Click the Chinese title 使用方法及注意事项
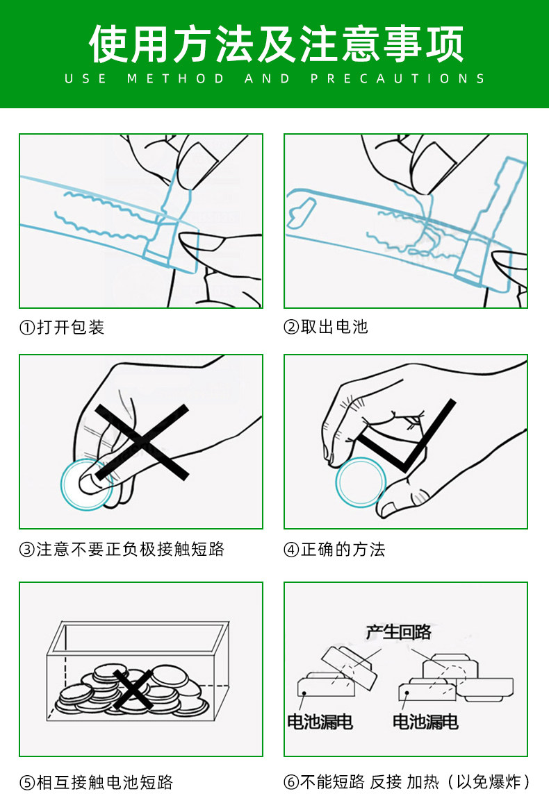(x=276, y=44)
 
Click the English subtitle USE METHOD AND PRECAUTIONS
(x=275, y=78)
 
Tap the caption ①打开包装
(x=62, y=327)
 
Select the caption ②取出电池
(x=326, y=327)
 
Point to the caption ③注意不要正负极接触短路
(x=122, y=550)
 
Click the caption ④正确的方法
(x=334, y=550)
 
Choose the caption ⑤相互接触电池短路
(x=96, y=782)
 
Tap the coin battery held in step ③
(x=86, y=484)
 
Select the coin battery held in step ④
(x=361, y=482)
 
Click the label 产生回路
(x=398, y=632)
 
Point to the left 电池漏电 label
(x=320, y=722)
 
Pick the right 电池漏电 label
(x=425, y=722)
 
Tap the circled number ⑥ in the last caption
(x=291, y=782)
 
